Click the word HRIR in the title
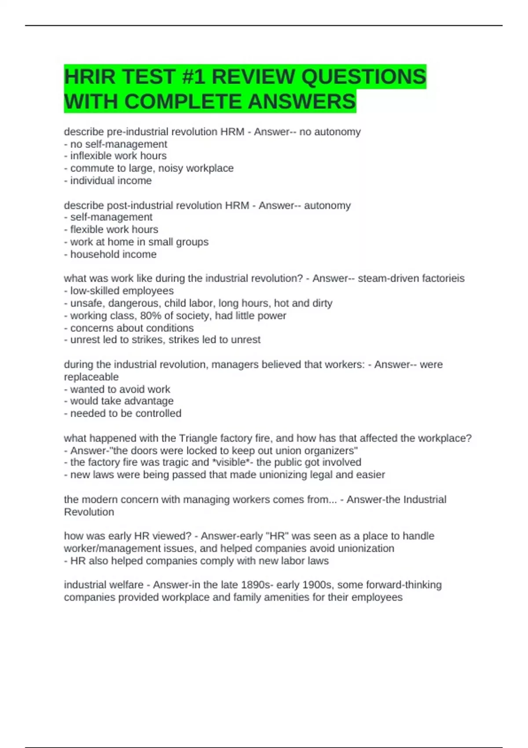pos(90,77)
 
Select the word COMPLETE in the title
pos(183,102)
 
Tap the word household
pos(91,254)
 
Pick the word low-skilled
pos(93,291)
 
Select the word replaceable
pos(91,377)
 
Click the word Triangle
pos(197,438)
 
